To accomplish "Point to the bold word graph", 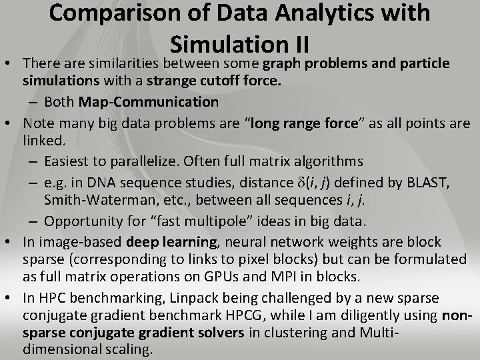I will point(281,64).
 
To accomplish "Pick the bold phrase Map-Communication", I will point(148,101).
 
